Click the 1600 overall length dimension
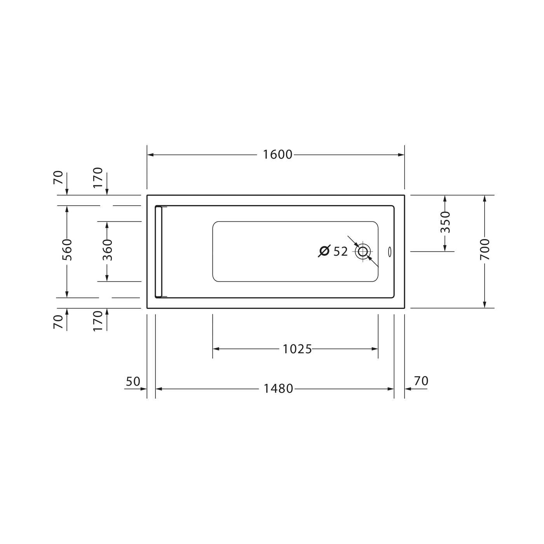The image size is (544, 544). tap(277, 155)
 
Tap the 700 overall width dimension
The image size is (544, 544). tap(485, 249)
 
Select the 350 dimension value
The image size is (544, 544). tap(445, 222)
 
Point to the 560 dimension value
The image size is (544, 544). tap(67, 250)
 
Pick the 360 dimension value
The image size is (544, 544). tap(107, 250)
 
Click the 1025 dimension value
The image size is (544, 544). tap(297, 349)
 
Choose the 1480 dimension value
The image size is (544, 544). tap(278, 389)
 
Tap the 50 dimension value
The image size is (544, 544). tap(133, 382)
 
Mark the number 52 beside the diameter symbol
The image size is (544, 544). tap(340, 251)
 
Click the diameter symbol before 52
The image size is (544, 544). tap(324, 251)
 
